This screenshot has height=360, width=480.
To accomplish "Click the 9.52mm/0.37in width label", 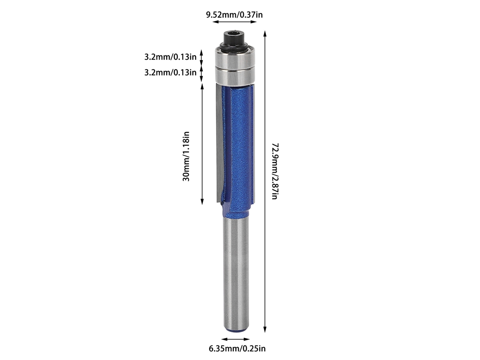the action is [x=234, y=15].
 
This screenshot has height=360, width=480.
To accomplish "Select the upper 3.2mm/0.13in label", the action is [x=171, y=57].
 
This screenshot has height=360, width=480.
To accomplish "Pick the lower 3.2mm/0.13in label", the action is [x=171, y=72].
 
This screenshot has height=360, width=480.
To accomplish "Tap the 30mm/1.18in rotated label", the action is [x=186, y=156].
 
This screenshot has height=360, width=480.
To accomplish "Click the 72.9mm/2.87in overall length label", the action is [x=275, y=171].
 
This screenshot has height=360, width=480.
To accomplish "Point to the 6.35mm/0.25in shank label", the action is [x=237, y=348].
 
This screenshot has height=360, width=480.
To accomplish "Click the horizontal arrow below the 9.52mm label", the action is [x=235, y=22].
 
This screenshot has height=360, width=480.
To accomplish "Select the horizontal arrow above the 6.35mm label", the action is [x=235, y=339].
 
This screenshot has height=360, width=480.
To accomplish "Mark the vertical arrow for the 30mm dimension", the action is [x=202, y=144].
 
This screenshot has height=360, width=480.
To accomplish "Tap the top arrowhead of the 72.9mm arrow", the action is [x=265, y=34].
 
